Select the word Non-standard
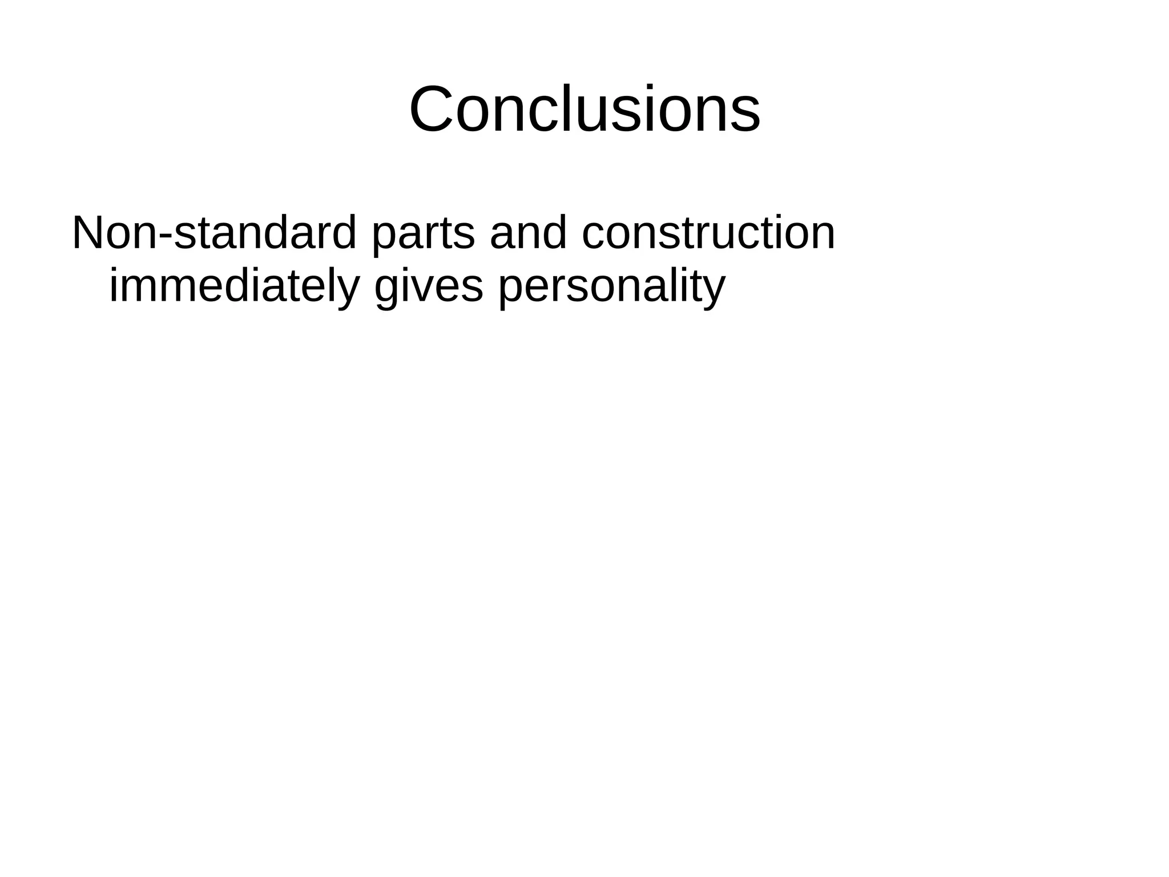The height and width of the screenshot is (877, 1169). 214,233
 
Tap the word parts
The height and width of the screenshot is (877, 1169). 422,234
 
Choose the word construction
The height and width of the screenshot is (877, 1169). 708,233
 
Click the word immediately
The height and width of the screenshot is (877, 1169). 234,287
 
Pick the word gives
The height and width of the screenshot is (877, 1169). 429,287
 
